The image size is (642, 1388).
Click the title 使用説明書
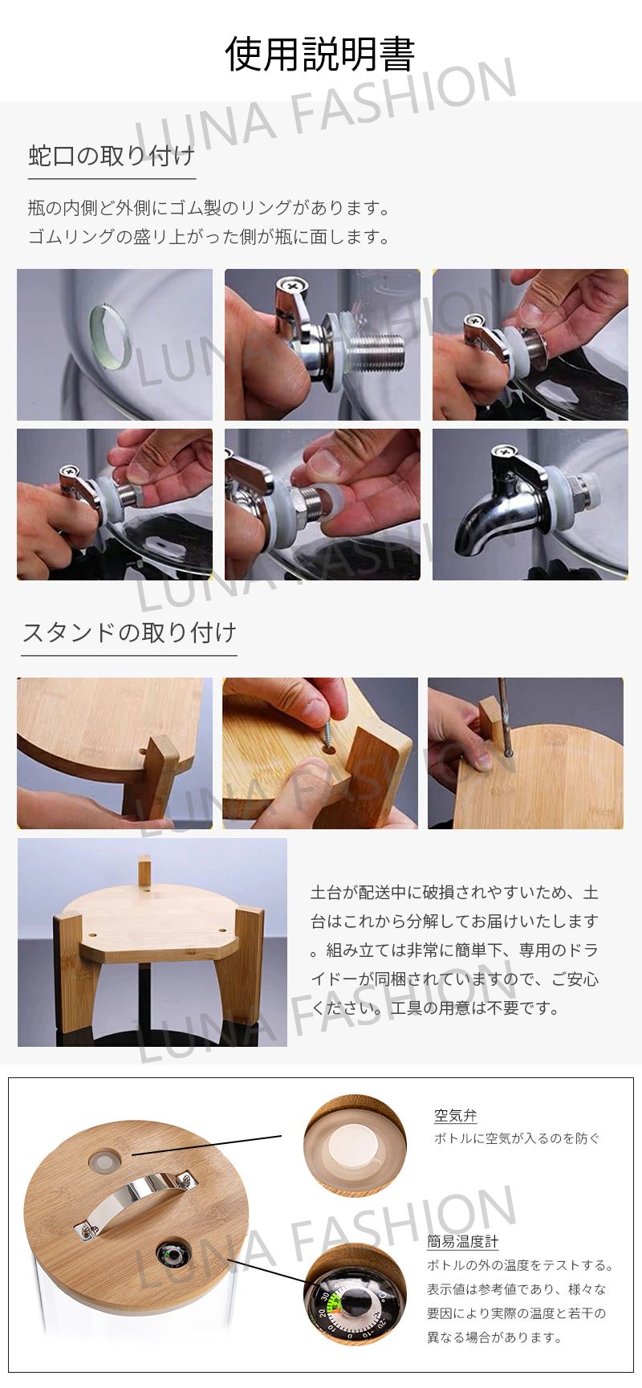[x=320, y=54]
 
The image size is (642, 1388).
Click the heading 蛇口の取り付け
[x=112, y=155]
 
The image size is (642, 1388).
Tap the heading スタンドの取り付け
[x=129, y=633]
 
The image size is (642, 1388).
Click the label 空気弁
[x=455, y=1115]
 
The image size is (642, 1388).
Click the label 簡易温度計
[x=463, y=1242]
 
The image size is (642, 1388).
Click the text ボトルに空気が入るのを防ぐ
[x=517, y=1138]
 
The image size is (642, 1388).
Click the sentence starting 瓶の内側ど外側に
[x=209, y=209]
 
